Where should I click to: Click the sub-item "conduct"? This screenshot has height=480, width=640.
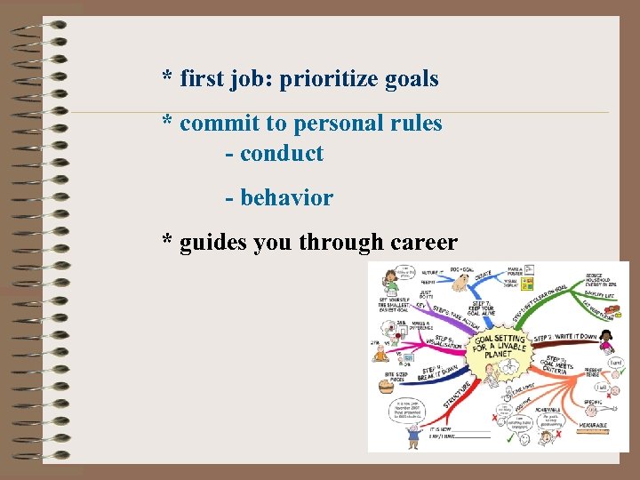point(281,154)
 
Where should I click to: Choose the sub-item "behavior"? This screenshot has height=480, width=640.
point(286,198)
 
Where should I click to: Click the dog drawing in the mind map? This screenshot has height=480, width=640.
point(460,284)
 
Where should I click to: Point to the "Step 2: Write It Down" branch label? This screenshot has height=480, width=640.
point(564,339)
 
